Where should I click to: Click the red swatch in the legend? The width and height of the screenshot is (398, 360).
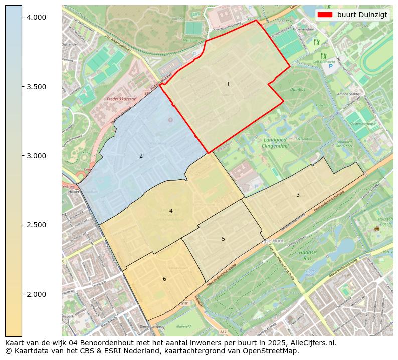pyautogui.click(x=325, y=15)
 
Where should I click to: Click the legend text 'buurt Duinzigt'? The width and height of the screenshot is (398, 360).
pyautogui.click(x=362, y=15)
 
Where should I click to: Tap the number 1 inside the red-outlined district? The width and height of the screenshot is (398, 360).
pyautogui.click(x=228, y=85)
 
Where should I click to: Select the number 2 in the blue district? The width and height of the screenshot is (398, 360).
pyautogui.click(x=141, y=156)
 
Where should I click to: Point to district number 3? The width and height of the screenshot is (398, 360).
pyautogui.click(x=298, y=195)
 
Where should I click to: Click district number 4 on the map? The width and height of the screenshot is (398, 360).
pyautogui.click(x=171, y=211)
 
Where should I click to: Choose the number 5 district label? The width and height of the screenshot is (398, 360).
pyautogui.click(x=223, y=239)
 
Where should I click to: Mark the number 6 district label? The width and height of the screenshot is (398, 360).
pyautogui.click(x=164, y=279)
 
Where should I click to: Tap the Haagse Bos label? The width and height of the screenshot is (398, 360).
pyautogui.click(x=307, y=256)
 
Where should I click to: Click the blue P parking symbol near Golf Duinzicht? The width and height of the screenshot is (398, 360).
pyautogui.click(x=330, y=66)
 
